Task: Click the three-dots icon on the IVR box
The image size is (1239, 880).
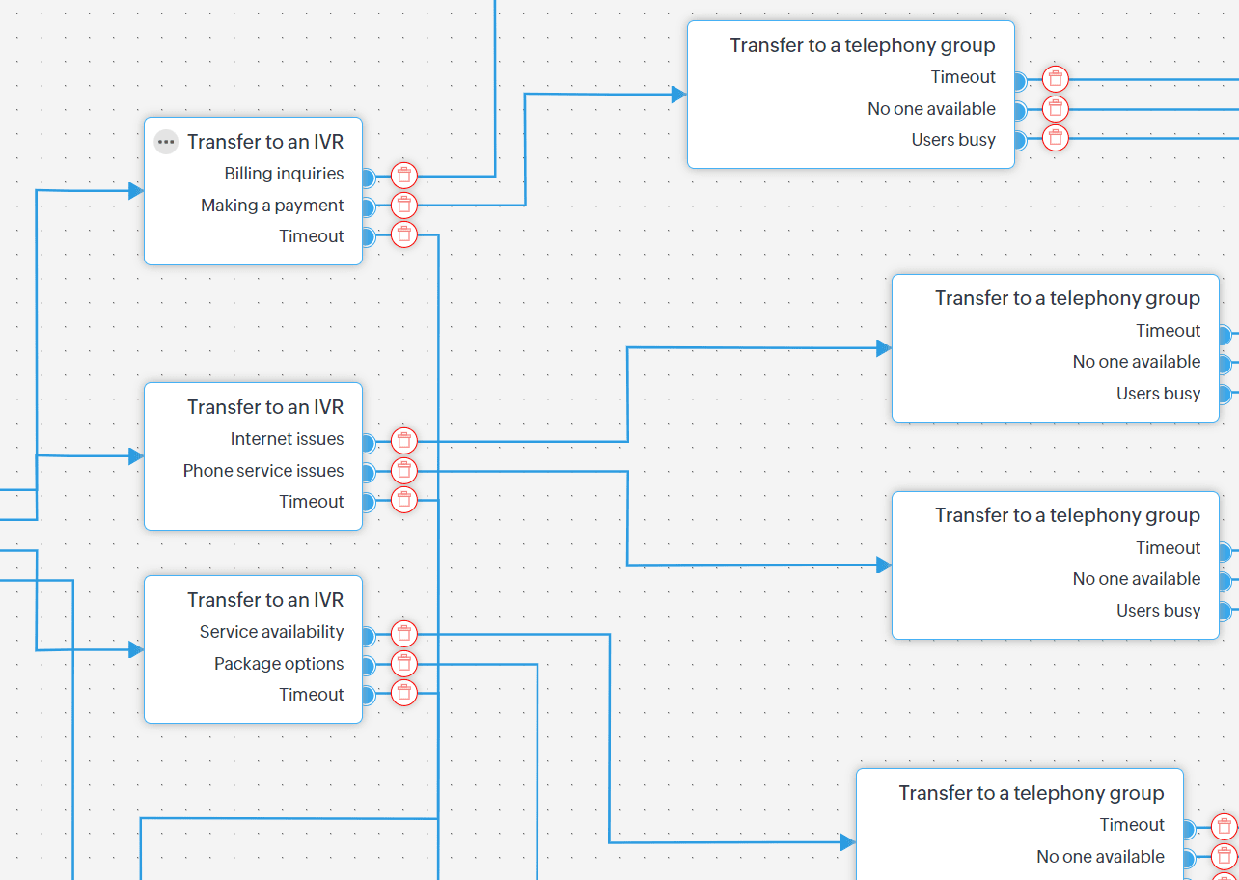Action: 166,142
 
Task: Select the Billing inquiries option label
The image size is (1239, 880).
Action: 284,174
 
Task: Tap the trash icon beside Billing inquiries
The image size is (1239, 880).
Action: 404,176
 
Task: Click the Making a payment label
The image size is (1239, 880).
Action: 272,206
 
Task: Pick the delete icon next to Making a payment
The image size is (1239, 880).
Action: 404,205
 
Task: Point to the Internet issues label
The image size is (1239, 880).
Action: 287,439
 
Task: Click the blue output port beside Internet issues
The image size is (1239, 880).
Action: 367,442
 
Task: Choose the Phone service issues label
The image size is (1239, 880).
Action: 263,471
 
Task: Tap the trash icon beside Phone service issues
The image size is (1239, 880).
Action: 404,471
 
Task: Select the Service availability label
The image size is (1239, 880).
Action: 271,632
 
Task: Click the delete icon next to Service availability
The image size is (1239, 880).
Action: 404,634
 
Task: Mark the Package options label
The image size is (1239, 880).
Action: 279,664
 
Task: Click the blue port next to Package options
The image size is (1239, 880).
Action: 367,666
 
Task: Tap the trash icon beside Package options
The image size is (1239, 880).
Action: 404,664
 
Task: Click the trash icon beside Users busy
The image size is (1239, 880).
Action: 1057,138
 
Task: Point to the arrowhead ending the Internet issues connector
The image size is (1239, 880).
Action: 883,348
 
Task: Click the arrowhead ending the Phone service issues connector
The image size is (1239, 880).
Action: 883,565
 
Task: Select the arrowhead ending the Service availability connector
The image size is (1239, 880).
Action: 847,842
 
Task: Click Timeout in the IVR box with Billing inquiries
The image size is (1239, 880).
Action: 311,236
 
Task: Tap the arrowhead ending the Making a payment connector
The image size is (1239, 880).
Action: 678,95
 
